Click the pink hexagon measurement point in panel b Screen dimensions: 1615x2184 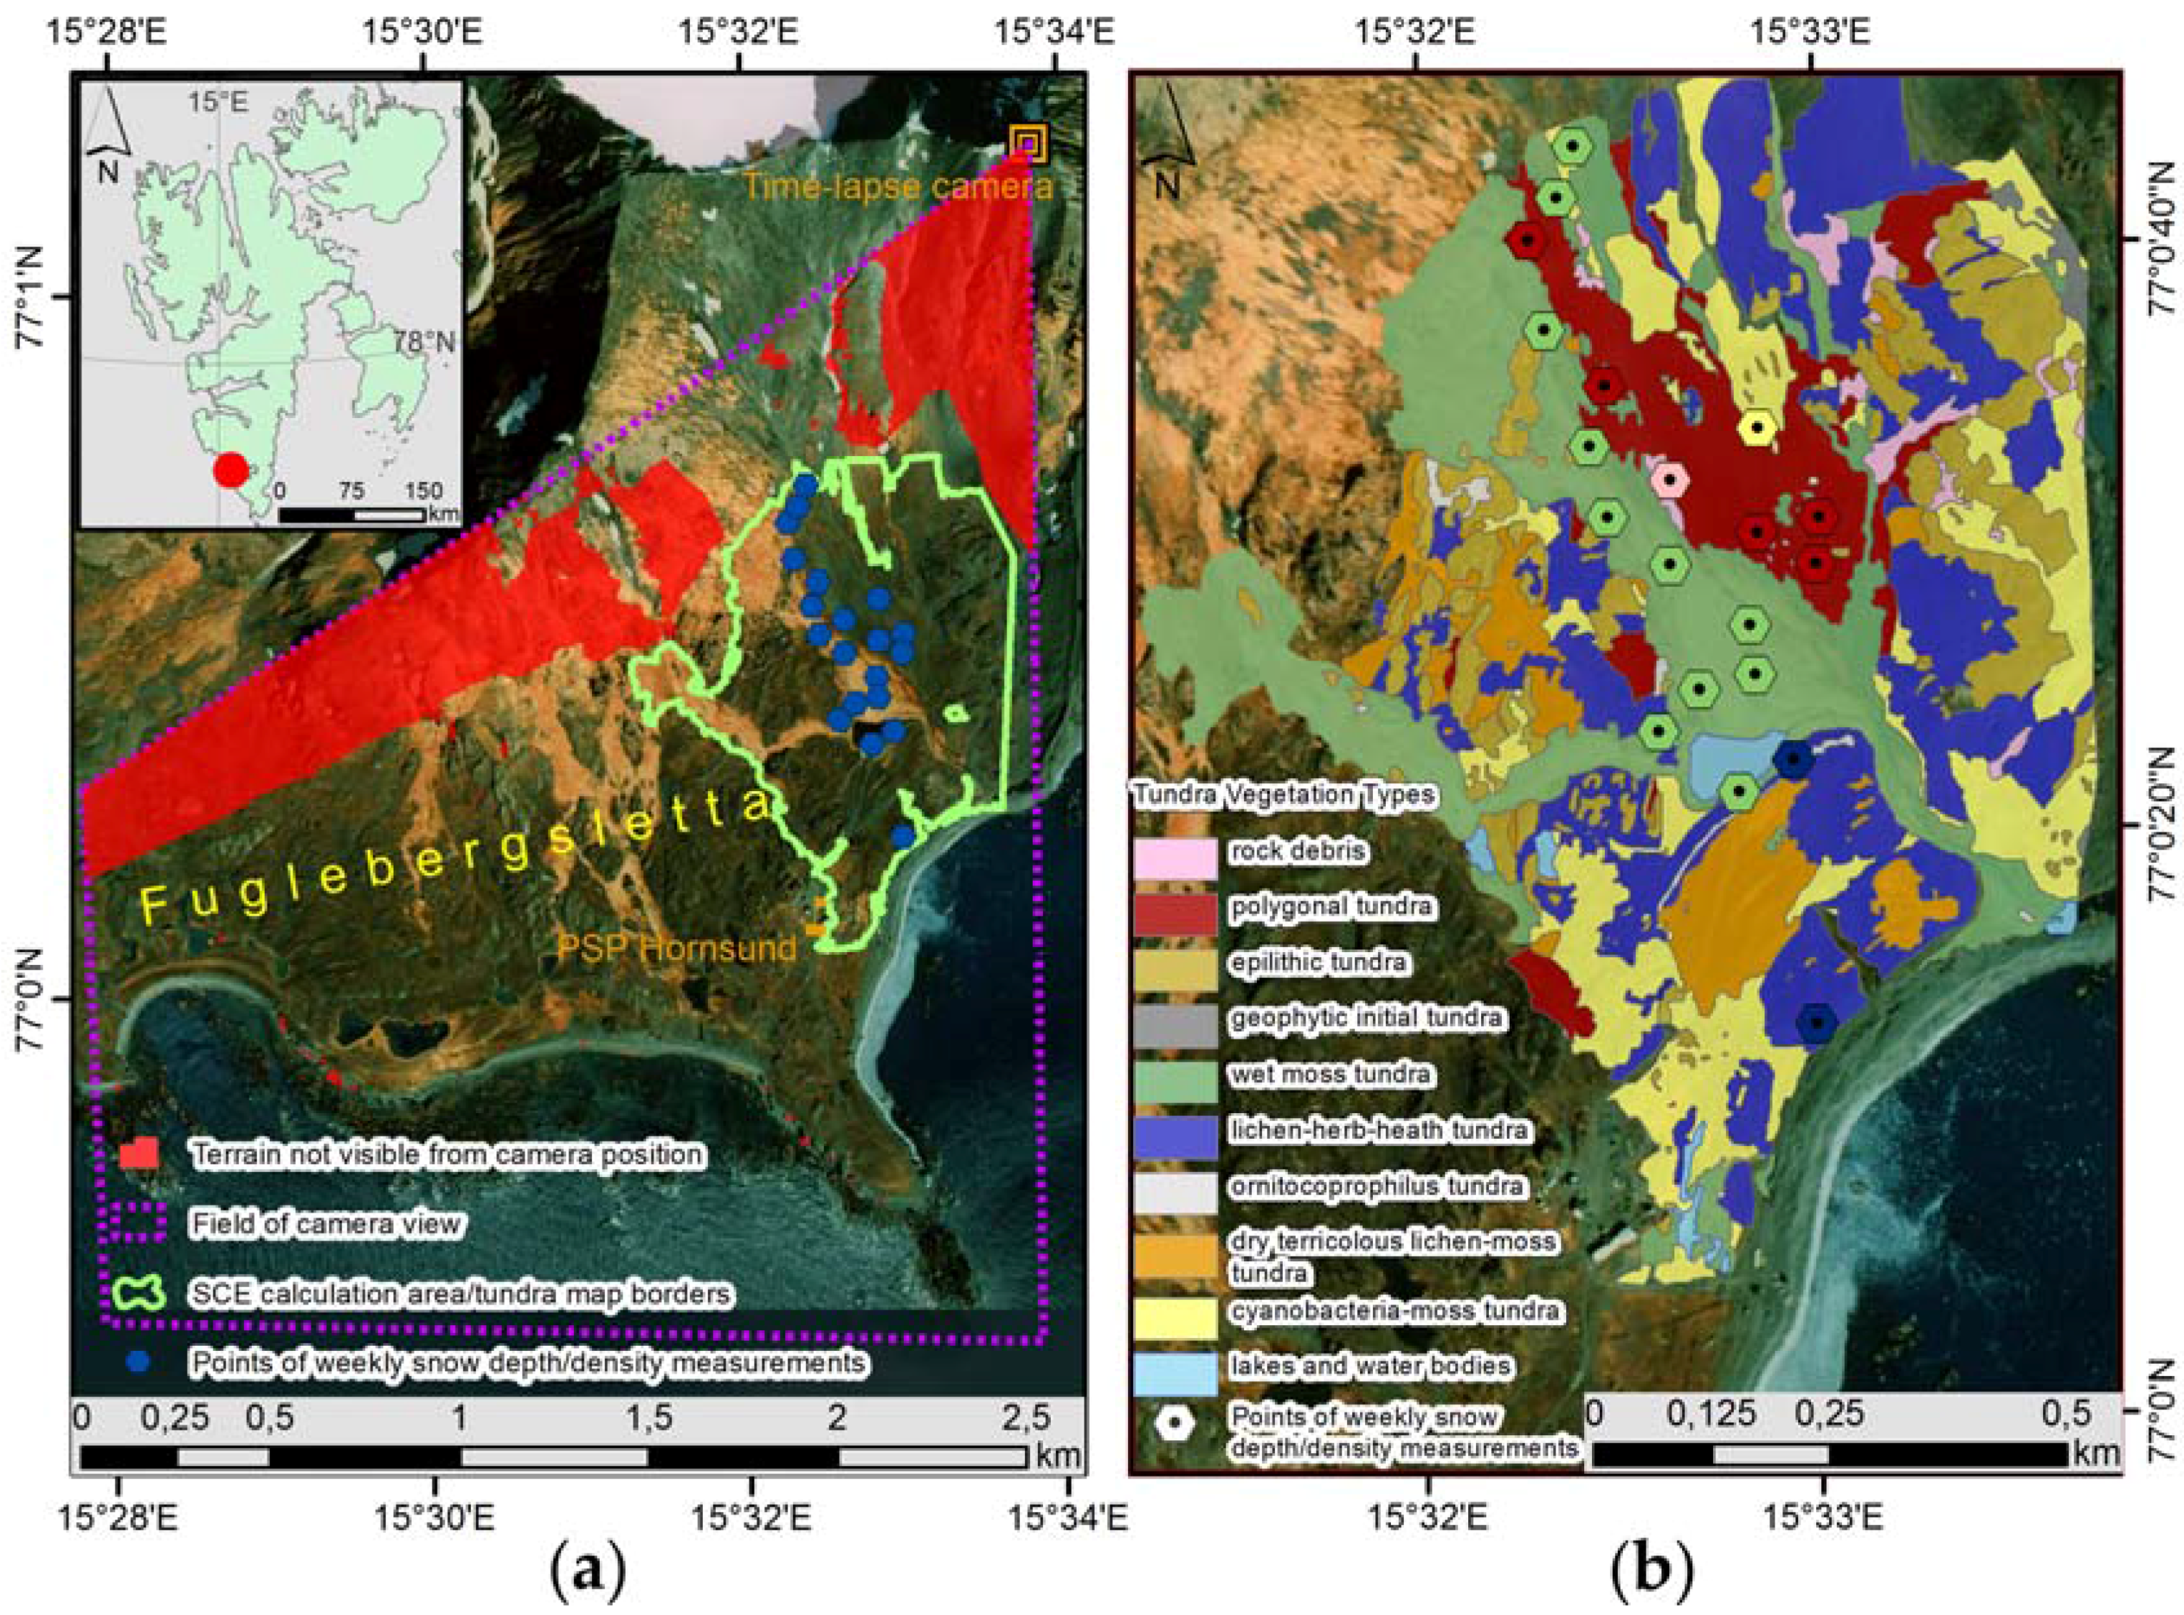(1671, 479)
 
